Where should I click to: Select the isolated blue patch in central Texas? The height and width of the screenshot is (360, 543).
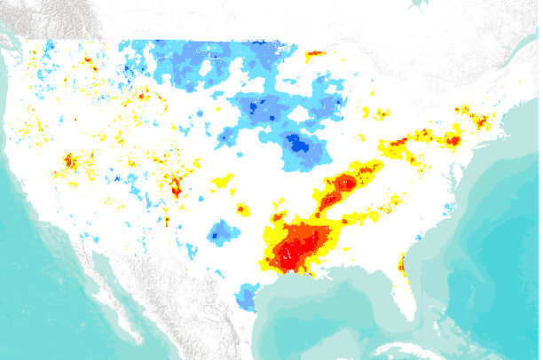(221, 233)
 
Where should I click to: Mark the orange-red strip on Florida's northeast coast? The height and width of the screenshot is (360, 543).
(402, 263)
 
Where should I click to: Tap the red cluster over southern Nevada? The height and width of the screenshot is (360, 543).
(70, 162)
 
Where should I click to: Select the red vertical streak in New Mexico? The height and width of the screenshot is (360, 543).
(176, 186)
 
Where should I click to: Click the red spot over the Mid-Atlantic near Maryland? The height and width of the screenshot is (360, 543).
(453, 140)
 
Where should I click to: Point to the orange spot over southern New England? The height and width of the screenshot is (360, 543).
(483, 120)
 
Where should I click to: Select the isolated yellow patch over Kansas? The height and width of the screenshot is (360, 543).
(222, 182)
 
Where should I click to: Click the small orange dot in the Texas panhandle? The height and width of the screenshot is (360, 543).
(240, 209)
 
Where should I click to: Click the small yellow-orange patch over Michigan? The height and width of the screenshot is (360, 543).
(381, 113)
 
